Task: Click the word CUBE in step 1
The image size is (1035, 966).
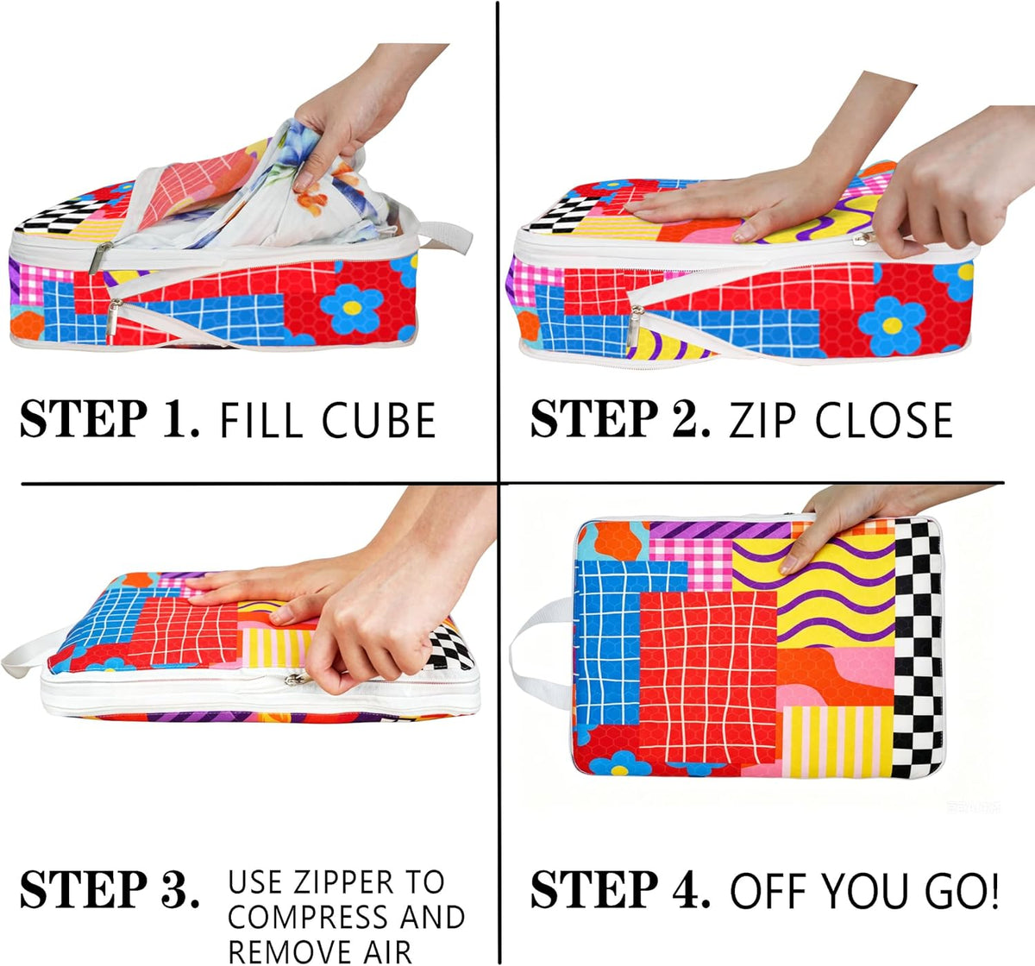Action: [x=379, y=420]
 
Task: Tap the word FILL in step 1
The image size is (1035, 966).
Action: [x=261, y=420]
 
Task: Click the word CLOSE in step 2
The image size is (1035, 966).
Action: [x=884, y=420]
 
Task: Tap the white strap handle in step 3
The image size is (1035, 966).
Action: [x=31, y=653]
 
